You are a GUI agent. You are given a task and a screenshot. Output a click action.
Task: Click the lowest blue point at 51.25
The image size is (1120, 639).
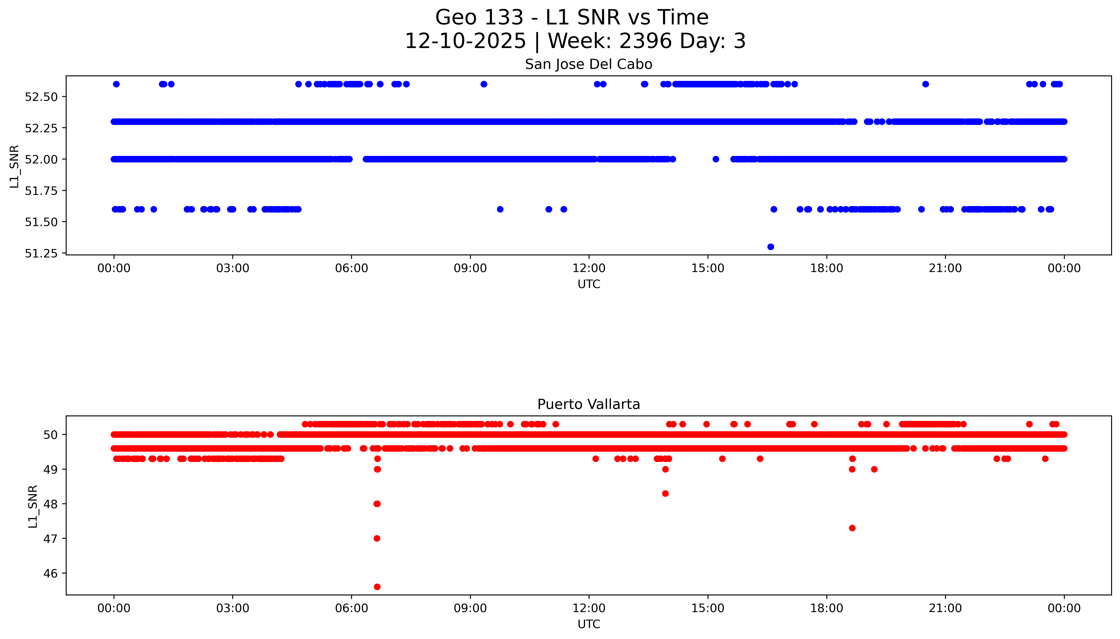(771, 247)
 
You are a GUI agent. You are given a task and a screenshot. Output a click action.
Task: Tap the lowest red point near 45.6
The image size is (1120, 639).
(377, 587)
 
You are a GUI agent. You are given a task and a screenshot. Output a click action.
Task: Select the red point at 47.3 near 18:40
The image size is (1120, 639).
(852, 528)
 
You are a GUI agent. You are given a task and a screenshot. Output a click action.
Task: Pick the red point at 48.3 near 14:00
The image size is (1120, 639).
(665, 493)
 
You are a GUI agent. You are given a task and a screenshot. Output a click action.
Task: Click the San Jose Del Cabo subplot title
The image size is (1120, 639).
(588, 64)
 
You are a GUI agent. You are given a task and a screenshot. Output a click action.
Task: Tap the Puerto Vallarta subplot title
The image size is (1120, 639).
(588, 404)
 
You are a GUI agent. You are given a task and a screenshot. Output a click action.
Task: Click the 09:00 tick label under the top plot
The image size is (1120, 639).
(470, 268)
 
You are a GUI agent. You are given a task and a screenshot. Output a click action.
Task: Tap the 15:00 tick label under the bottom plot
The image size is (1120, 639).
(708, 608)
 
